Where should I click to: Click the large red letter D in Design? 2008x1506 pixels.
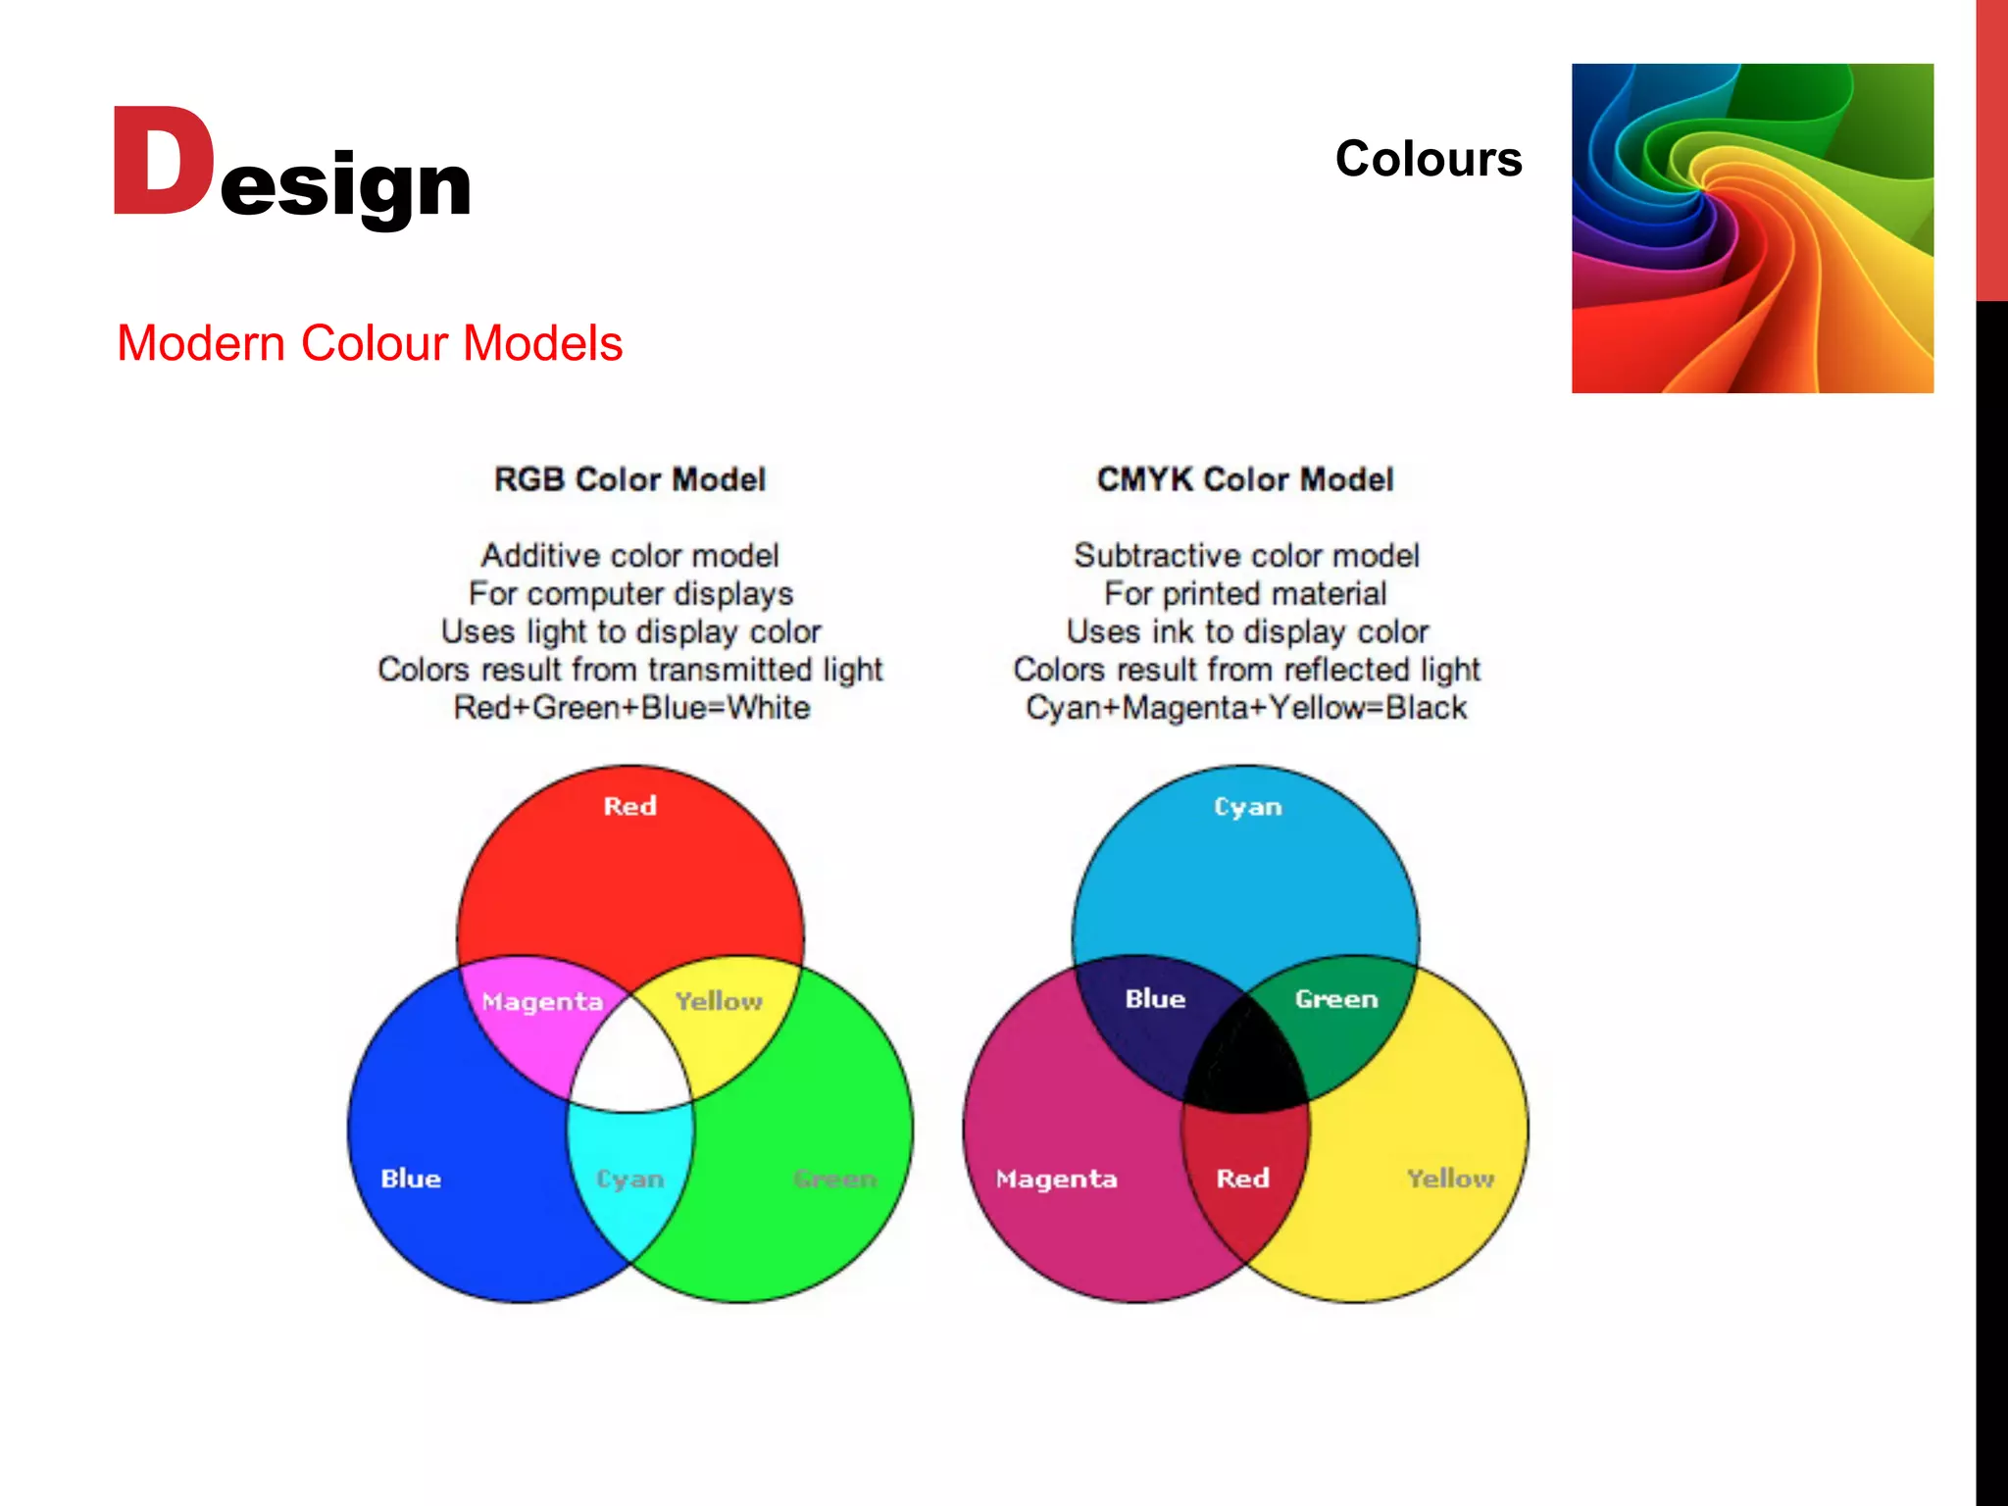[x=163, y=162]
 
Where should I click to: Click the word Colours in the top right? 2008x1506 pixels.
[x=1428, y=159]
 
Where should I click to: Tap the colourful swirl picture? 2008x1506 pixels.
[x=1752, y=228]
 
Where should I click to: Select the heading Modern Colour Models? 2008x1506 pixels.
[x=370, y=343]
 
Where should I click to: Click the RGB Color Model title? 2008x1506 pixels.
[x=629, y=479]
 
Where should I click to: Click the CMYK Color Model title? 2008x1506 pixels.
[x=1245, y=479]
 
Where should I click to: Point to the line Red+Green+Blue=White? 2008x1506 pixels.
[x=631, y=708]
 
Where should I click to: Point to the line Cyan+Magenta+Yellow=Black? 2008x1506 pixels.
[x=1246, y=708]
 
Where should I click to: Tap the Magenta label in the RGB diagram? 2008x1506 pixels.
[x=542, y=1002]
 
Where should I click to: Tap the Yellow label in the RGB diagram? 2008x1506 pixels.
[x=719, y=1001]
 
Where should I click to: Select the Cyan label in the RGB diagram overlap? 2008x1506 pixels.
[x=630, y=1179]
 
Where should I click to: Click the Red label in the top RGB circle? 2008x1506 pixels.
[x=629, y=806]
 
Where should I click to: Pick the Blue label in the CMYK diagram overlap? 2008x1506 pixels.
[x=1155, y=999]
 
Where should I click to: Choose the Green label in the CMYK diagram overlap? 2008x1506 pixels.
[x=1336, y=999]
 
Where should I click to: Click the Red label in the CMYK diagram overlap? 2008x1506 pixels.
[x=1243, y=1179]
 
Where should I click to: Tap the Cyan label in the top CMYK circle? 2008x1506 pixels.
[x=1247, y=807]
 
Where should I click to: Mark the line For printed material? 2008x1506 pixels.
[x=1245, y=593]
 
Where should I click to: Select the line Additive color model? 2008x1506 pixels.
[x=629, y=556]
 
